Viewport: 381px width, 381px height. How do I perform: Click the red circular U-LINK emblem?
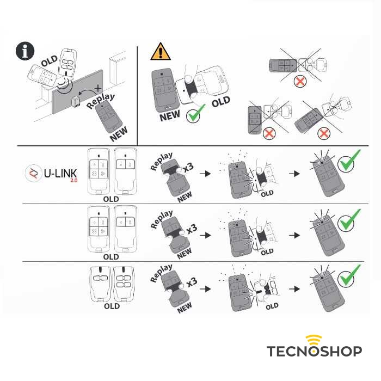(x=34, y=174)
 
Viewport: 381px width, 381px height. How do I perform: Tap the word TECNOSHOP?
(x=314, y=352)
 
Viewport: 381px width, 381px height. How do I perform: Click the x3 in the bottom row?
(x=191, y=283)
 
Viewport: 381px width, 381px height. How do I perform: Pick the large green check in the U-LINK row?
(x=349, y=162)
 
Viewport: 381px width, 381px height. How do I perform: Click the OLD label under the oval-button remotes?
(x=112, y=306)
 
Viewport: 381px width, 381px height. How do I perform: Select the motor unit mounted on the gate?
(x=77, y=101)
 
